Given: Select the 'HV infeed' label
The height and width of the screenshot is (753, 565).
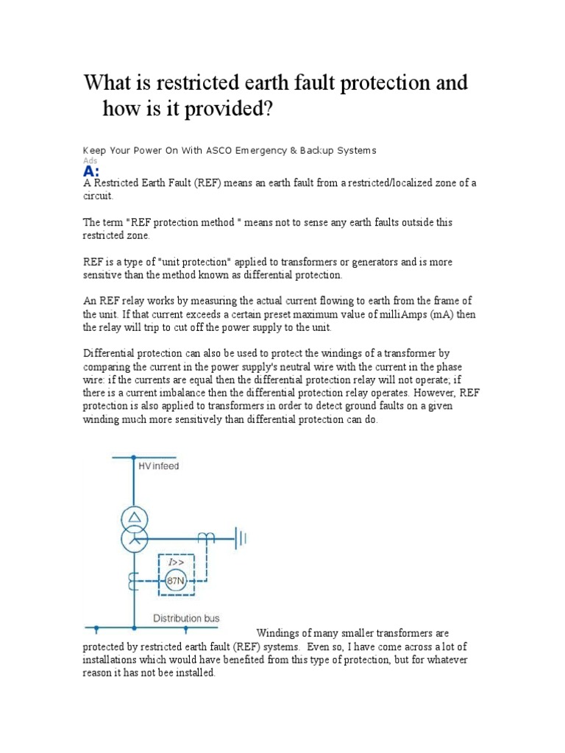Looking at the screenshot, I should point(158,466).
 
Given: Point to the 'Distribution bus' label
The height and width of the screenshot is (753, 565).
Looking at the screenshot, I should point(185,618).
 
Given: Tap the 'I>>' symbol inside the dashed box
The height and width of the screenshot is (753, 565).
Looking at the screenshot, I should point(177,563).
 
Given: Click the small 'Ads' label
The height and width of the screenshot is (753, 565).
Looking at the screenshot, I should point(89,160).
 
